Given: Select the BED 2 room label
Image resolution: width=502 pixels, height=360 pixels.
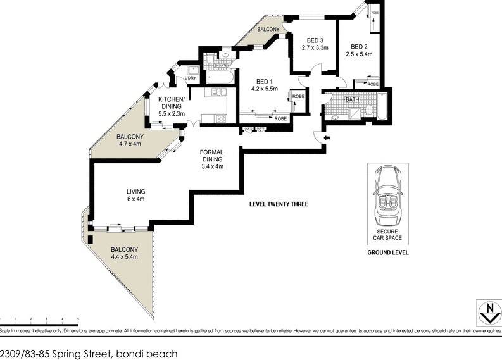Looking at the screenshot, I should pyautogui.click(x=359, y=47).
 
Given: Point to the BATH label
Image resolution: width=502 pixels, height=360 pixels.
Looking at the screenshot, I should pyautogui.click(x=353, y=100).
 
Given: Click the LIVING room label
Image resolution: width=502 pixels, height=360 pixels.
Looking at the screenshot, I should pyautogui.click(x=135, y=192).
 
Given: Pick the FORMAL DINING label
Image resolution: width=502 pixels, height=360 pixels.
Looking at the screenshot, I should pyautogui.click(x=211, y=156).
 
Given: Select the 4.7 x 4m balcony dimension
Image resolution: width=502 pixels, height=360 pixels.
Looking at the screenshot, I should pyautogui.click(x=129, y=144).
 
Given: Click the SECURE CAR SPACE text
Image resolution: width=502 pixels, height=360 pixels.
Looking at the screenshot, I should pyautogui.click(x=388, y=235).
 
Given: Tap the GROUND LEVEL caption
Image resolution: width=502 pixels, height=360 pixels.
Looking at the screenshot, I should pyautogui.click(x=388, y=252).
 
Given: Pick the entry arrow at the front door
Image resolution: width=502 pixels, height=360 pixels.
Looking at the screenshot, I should pyautogui.click(x=327, y=139).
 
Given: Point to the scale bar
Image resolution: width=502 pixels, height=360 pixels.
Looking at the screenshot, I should pyautogui.click(x=39, y=319).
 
